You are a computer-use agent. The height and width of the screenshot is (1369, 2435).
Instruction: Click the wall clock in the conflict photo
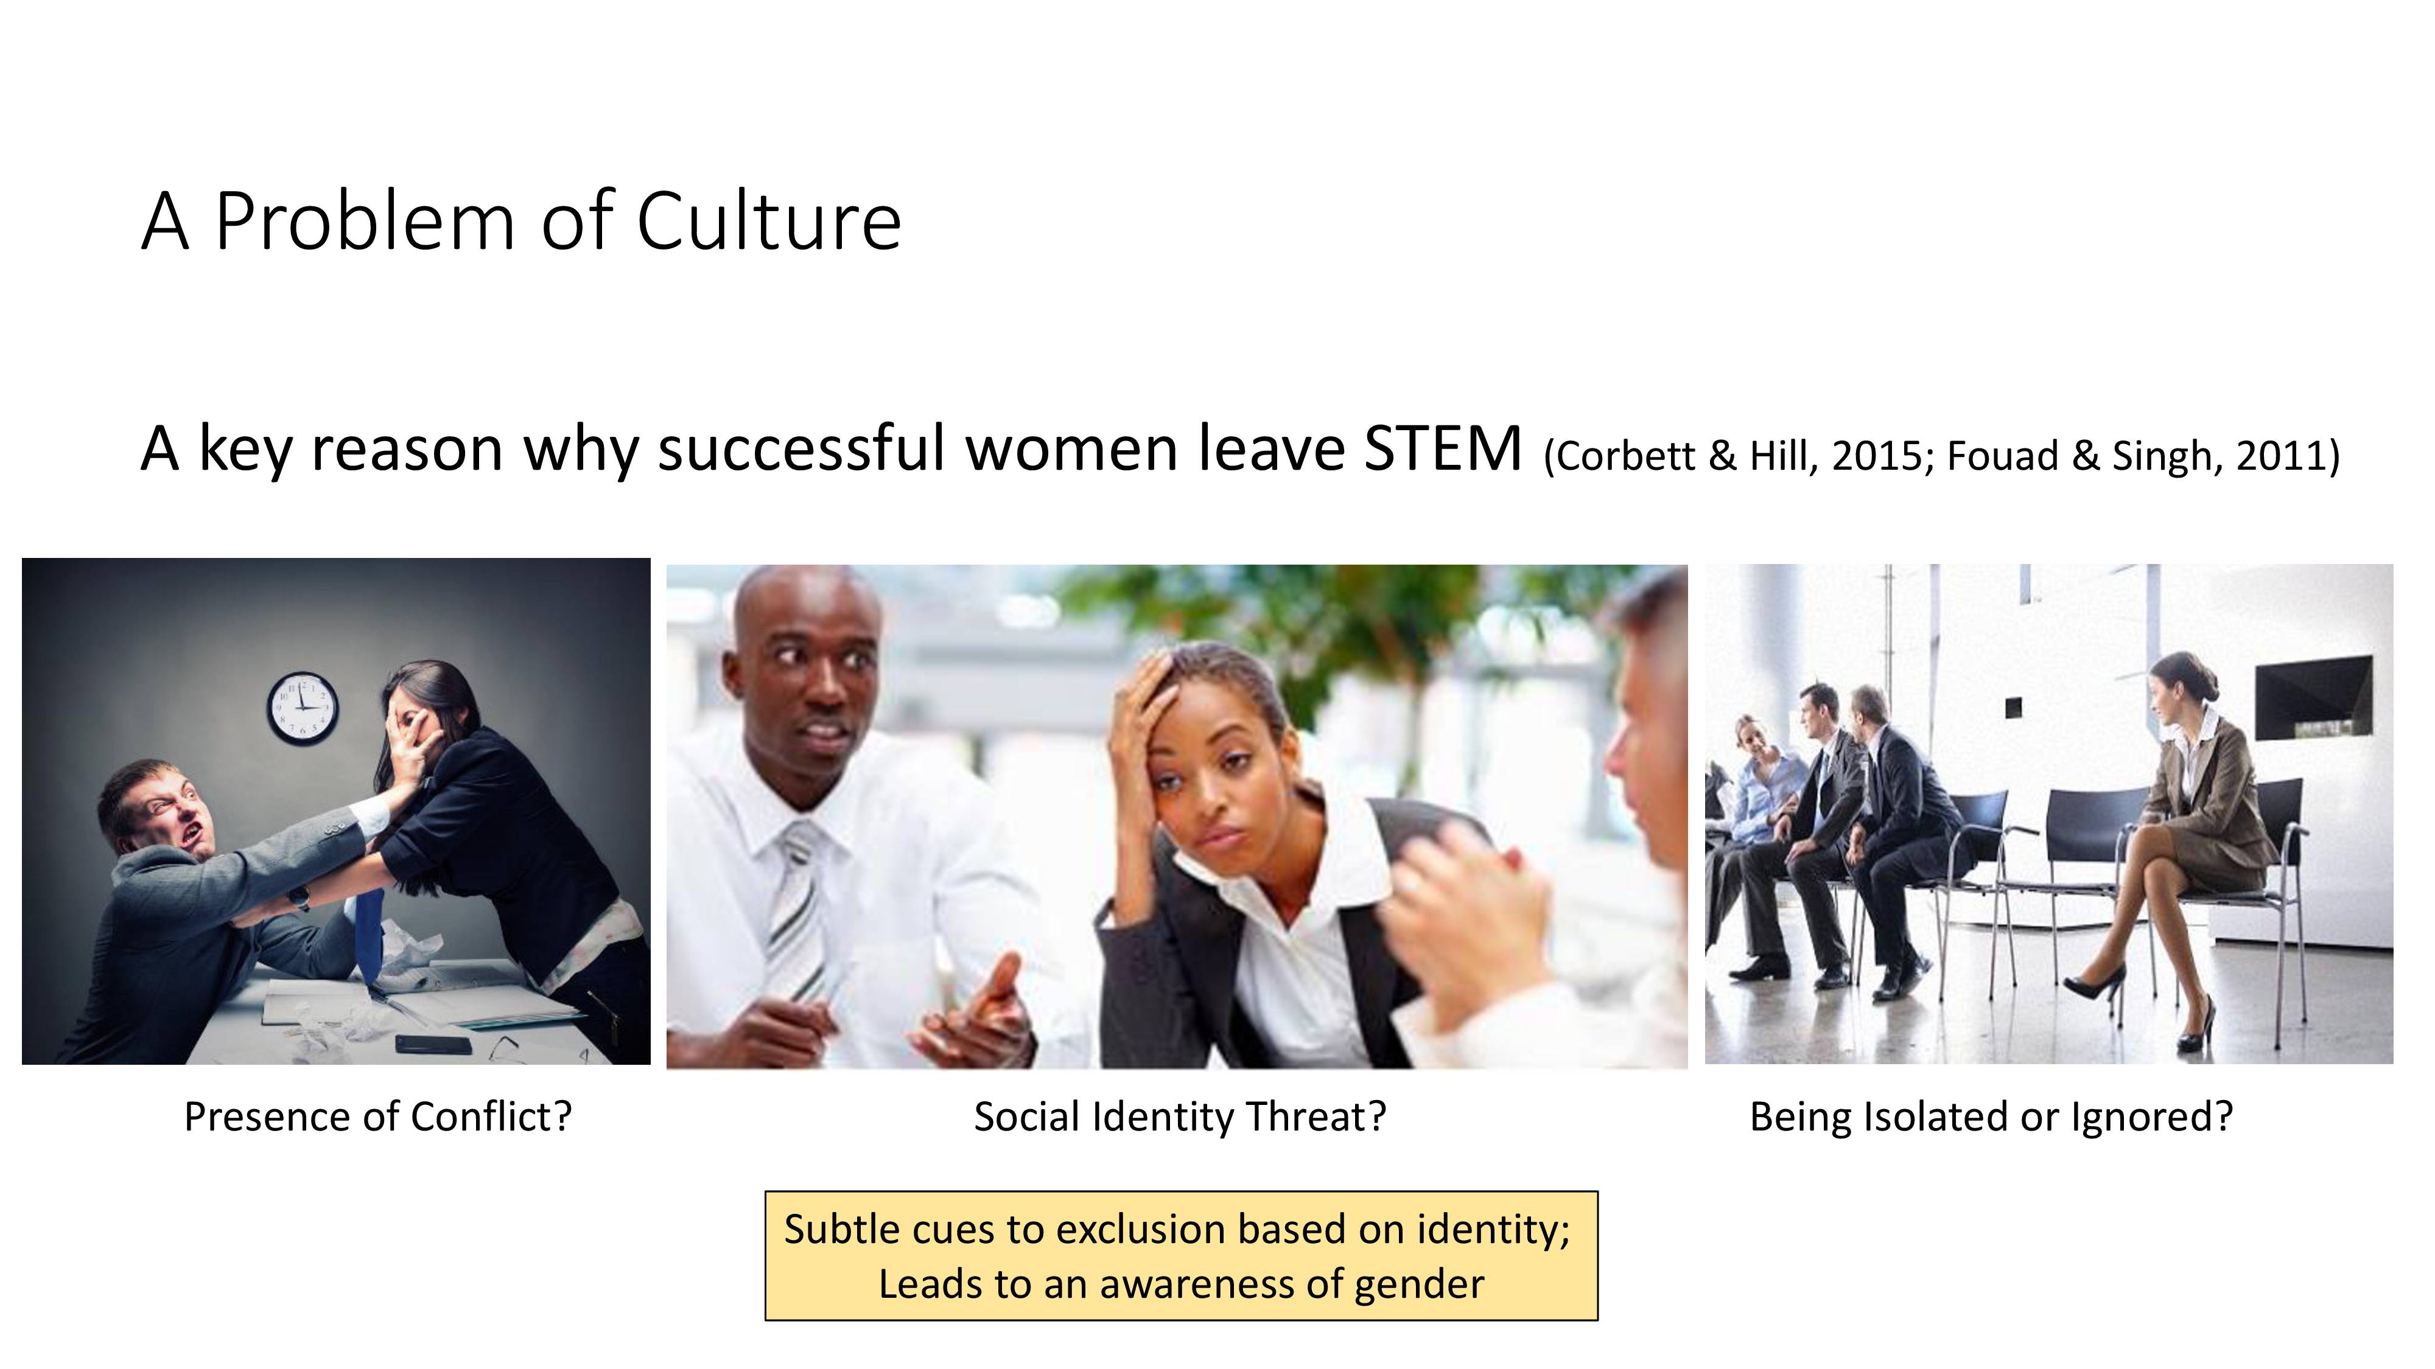(x=303, y=708)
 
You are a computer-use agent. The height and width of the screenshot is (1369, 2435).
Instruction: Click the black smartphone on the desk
(x=433, y=1044)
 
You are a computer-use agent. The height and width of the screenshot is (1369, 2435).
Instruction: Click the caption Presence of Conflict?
(x=378, y=1116)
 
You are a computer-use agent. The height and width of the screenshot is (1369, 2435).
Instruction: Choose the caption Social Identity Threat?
(x=1180, y=1116)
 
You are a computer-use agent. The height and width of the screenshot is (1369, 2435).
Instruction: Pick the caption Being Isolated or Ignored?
(x=1991, y=1116)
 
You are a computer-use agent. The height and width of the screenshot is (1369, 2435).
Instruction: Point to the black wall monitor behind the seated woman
(x=2313, y=698)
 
